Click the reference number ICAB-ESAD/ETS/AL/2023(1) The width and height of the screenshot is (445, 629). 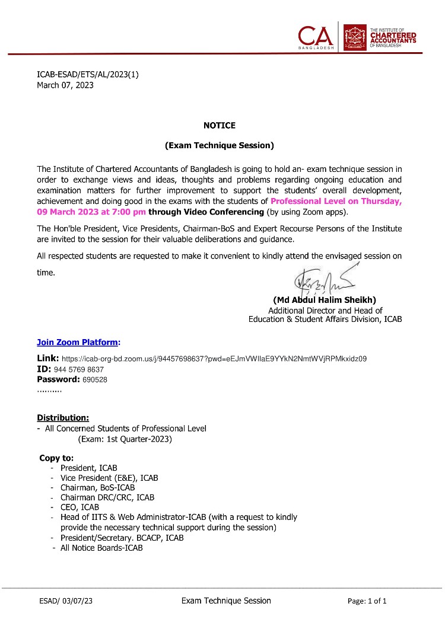pyautogui.click(x=88, y=74)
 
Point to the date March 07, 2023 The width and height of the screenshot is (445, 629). pyautogui.click(x=65, y=85)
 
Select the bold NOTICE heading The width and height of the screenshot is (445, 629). pyautogui.click(x=220, y=125)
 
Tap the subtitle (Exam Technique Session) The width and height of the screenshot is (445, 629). pyautogui.click(x=220, y=145)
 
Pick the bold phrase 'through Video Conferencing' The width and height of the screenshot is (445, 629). pyautogui.click(x=206, y=212)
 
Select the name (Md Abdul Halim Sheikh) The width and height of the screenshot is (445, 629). pyautogui.click(x=325, y=300)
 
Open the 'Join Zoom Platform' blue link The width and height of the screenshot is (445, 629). pyautogui.click(x=77, y=342)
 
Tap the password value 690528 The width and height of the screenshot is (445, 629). pyautogui.click(x=95, y=379)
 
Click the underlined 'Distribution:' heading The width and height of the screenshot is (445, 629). pyautogui.click(x=63, y=417)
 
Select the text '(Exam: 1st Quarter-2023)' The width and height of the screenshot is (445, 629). pyautogui.click(x=125, y=439)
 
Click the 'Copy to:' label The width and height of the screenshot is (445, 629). pyautogui.click(x=56, y=458)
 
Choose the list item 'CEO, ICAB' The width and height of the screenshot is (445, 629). pyautogui.click(x=80, y=507)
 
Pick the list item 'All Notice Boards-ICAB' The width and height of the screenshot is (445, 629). pyautogui.click(x=101, y=548)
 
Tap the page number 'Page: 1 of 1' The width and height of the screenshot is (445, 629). pyautogui.click(x=367, y=601)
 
